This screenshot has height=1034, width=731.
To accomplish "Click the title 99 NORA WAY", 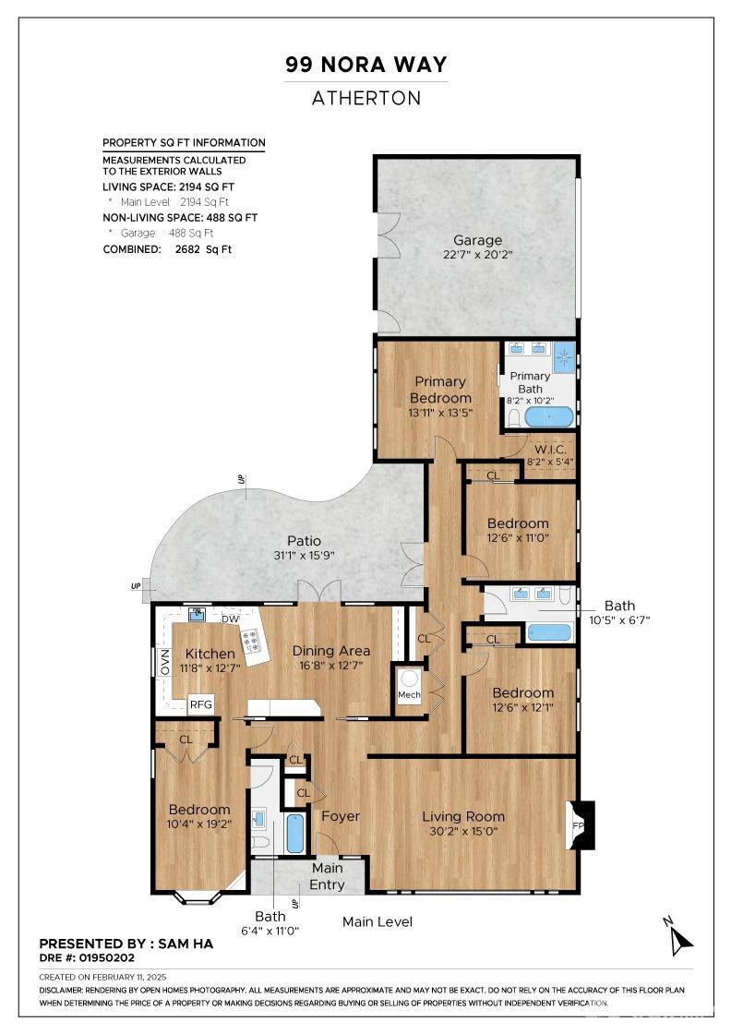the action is click(365, 65).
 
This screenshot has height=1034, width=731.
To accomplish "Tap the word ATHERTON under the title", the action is click(365, 98).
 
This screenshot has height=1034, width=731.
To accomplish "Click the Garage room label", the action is click(477, 240).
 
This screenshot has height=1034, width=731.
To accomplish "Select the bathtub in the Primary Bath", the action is click(548, 417).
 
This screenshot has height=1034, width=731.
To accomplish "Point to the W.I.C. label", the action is click(550, 449).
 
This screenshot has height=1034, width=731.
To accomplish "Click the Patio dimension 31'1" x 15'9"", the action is click(304, 556).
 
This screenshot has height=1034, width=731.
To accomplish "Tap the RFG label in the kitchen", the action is click(201, 704).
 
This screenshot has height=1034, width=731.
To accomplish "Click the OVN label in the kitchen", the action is click(164, 662).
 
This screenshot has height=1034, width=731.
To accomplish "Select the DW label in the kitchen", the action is click(230, 619).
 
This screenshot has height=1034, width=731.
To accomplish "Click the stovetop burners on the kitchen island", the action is click(251, 639).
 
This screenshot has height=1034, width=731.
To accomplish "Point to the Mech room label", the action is click(409, 695).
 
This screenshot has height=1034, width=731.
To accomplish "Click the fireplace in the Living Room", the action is click(581, 824).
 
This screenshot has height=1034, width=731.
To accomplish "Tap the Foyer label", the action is click(341, 816).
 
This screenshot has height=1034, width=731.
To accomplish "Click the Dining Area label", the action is click(331, 651).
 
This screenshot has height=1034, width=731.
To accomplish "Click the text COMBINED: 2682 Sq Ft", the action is click(167, 249).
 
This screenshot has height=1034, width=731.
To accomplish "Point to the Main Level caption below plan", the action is click(377, 922).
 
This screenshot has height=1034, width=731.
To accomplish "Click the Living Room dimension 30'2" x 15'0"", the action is click(462, 832).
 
